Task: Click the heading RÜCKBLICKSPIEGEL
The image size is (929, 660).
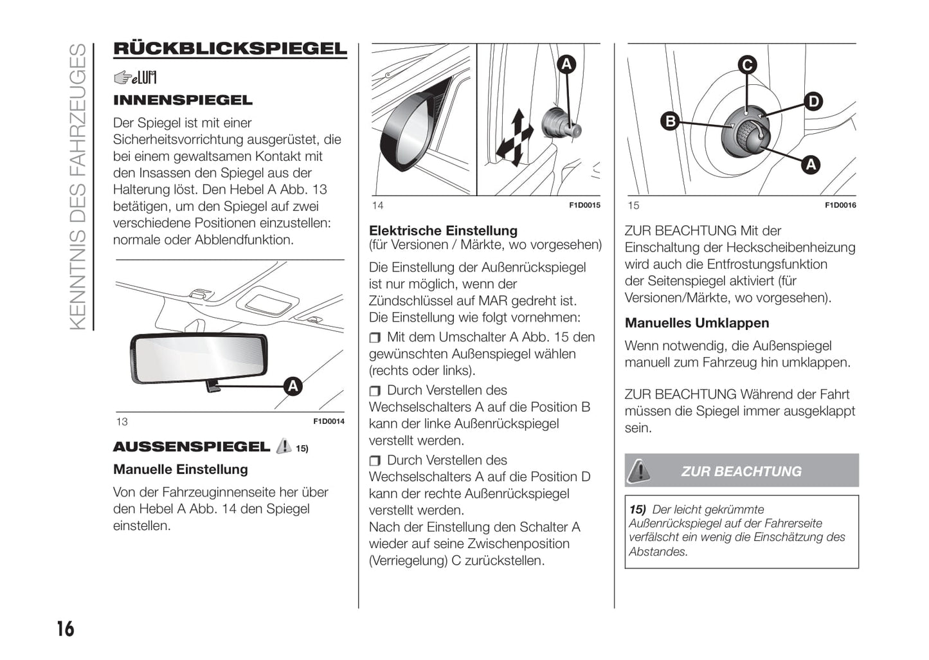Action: [x=230, y=49]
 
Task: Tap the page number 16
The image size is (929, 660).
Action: [x=65, y=628]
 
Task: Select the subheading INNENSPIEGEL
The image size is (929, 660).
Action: [x=183, y=100]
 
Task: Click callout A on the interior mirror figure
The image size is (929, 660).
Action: [x=293, y=386]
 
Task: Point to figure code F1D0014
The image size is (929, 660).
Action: [x=329, y=421]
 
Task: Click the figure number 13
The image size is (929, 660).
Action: [x=122, y=422]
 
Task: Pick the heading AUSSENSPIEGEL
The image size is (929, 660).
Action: [x=192, y=446]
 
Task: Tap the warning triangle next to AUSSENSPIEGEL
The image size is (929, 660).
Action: [x=283, y=446]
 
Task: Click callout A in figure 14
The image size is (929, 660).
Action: [x=566, y=64]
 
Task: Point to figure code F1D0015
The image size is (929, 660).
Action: [x=584, y=205]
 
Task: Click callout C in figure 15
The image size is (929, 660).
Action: [x=746, y=65]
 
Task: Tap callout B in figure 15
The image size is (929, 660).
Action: [x=670, y=121]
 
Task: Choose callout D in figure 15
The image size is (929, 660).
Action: [x=813, y=102]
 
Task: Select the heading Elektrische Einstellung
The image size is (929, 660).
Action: [x=443, y=230]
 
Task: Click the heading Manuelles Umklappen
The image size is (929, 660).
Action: [x=697, y=323]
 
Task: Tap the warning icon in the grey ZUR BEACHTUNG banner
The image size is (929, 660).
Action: [x=639, y=471]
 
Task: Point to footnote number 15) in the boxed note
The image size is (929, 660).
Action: [x=637, y=509]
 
